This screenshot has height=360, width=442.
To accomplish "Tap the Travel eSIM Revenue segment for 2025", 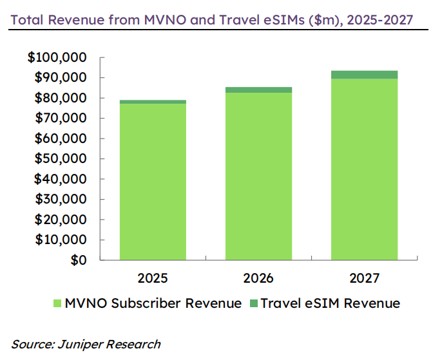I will pyautogui.click(x=153, y=102).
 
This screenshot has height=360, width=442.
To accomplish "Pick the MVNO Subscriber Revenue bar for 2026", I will pyautogui.click(x=258, y=176).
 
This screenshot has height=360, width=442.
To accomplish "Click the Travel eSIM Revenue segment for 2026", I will pyautogui.click(x=258, y=90).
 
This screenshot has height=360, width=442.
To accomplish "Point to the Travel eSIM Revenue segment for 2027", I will pyautogui.click(x=364, y=75).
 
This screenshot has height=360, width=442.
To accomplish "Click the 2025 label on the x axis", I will pyautogui.click(x=153, y=278).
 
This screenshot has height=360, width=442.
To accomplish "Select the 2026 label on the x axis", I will pyautogui.click(x=258, y=278).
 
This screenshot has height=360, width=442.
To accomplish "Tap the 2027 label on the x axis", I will pyautogui.click(x=364, y=278).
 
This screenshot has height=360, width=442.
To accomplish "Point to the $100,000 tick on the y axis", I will pyautogui.click(x=57, y=58).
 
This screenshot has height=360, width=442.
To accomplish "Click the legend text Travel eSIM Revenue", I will pyautogui.click(x=330, y=303).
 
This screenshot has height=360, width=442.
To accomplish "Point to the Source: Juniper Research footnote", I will pyautogui.click(x=86, y=344).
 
